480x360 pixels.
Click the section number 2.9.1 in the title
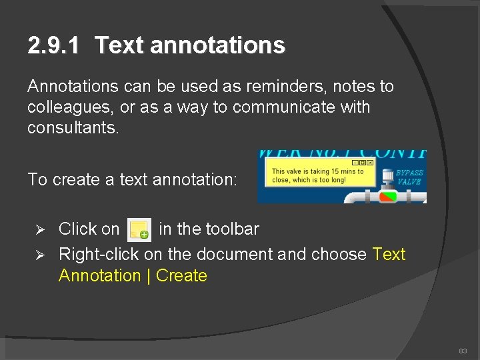tap(53, 45)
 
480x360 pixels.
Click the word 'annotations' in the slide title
tap(218, 45)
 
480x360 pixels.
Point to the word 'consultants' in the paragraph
tap(72, 127)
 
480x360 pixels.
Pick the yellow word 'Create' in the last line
tap(181, 276)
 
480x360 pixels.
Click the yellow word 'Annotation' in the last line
tap(99, 276)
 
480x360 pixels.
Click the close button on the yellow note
tap(370, 163)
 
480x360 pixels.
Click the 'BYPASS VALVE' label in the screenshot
tap(409, 177)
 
